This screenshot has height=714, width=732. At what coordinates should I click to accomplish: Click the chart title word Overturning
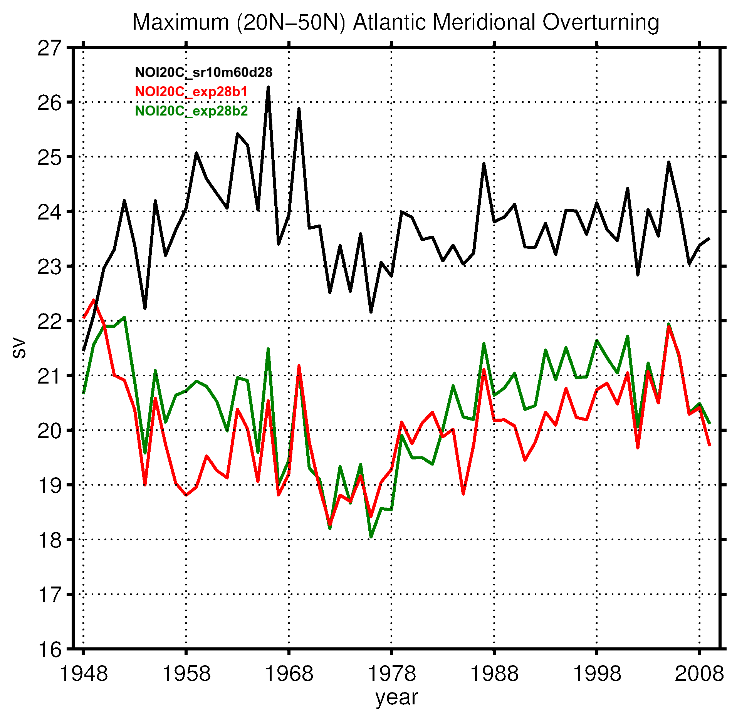[601, 22]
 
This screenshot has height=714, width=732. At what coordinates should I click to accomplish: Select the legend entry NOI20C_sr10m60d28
[203, 72]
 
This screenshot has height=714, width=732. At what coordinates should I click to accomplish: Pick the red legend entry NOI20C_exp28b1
[191, 92]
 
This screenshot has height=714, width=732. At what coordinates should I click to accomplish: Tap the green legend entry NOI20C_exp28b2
[191, 111]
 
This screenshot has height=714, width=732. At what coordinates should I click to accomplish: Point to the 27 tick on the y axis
[49, 49]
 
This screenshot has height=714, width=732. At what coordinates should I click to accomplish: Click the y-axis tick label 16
[49, 650]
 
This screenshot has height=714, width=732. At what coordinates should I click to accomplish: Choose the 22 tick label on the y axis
[49, 322]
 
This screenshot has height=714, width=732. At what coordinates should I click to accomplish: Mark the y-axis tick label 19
[49, 486]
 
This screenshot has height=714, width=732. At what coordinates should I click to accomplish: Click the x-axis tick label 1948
[84, 674]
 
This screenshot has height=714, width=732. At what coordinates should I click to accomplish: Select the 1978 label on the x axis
[392, 674]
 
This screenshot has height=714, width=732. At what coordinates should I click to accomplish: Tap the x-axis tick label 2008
[699, 674]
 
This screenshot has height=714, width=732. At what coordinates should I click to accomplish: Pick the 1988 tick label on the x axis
[494, 674]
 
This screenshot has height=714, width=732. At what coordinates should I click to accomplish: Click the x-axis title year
[396, 697]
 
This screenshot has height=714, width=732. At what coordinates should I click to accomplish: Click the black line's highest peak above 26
[268, 87]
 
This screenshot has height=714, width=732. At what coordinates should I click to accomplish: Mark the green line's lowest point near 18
[371, 536]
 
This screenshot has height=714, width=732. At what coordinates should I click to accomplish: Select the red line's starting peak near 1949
[94, 300]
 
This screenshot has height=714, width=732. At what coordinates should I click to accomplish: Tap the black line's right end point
[709, 238]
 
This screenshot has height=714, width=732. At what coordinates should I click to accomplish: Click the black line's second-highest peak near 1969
[299, 109]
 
